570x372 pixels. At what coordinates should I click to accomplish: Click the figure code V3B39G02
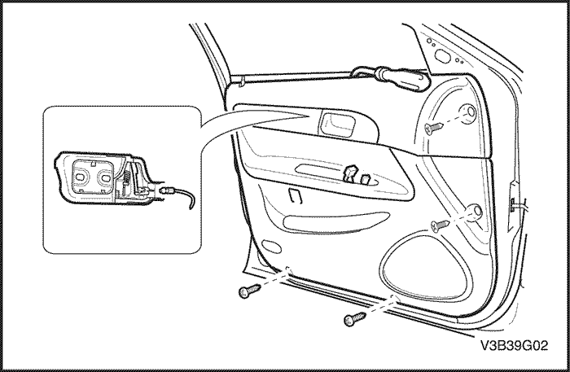(514, 345)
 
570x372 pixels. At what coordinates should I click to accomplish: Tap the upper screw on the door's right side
(433, 128)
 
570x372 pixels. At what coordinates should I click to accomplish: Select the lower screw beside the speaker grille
(440, 225)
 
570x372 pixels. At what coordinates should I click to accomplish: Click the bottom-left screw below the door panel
(249, 291)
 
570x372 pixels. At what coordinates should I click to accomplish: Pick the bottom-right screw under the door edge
(354, 318)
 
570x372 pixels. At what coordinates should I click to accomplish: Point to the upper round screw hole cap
(468, 113)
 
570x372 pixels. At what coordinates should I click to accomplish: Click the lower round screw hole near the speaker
(475, 212)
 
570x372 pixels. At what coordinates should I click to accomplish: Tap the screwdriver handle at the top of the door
(404, 79)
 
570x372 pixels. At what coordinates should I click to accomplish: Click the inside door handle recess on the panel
(338, 124)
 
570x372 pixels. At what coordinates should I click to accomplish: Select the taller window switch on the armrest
(350, 173)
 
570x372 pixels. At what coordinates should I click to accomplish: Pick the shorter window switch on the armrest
(365, 179)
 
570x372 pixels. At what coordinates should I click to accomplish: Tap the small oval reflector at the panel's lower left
(271, 247)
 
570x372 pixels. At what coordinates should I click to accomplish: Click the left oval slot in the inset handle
(81, 177)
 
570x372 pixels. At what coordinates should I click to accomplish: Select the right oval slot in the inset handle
(106, 178)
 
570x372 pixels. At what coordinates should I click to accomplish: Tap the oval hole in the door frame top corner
(442, 56)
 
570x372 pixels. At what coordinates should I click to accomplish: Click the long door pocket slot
(336, 222)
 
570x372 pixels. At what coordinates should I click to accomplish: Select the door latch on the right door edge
(512, 204)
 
